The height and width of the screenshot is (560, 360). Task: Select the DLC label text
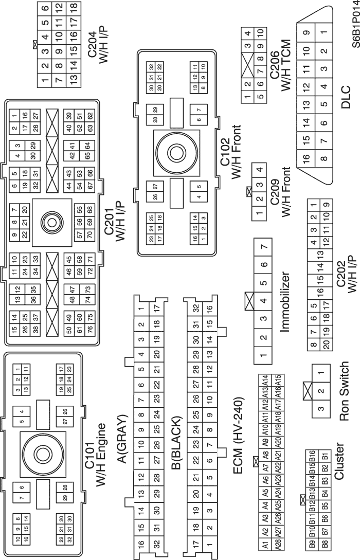click(345, 98)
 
